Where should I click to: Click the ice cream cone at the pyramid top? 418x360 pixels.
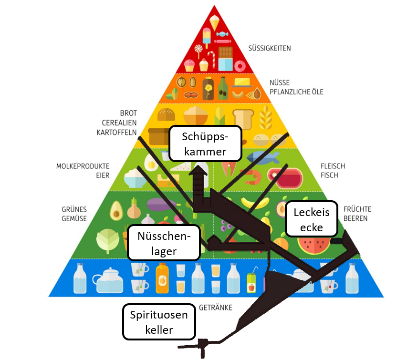214,22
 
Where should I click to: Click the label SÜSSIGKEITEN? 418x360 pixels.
270,48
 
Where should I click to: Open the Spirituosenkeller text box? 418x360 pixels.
159,322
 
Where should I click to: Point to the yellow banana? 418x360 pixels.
253,202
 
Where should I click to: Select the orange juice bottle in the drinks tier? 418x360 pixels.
162,278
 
